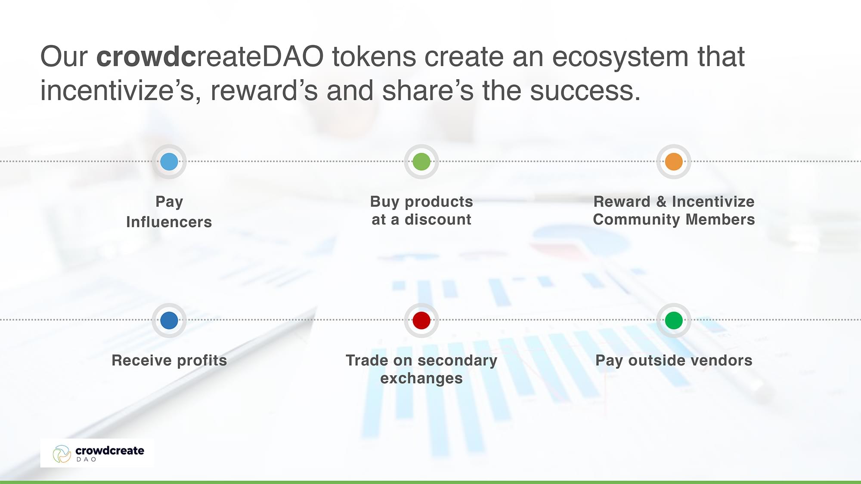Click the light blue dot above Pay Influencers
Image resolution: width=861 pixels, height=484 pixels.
[169, 162]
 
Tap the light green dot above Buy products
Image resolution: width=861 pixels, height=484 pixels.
[421, 162]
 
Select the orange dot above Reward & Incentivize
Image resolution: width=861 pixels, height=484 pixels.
[674, 162]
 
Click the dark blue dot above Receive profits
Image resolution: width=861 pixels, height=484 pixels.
[169, 321]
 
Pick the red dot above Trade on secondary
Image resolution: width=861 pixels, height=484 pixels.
[421, 321]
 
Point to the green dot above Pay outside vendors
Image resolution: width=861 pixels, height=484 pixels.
[674, 321]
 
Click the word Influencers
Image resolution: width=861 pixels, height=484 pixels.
[169, 222]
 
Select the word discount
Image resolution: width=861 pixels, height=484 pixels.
[438, 219]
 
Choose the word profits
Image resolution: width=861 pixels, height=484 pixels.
[202, 361]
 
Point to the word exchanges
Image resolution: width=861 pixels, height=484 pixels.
[421, 379]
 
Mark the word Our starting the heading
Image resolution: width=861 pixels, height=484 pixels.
[64, 57]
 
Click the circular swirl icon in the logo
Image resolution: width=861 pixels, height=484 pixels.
[62, 454]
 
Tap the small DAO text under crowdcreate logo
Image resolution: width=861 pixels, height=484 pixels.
[86, 459]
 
